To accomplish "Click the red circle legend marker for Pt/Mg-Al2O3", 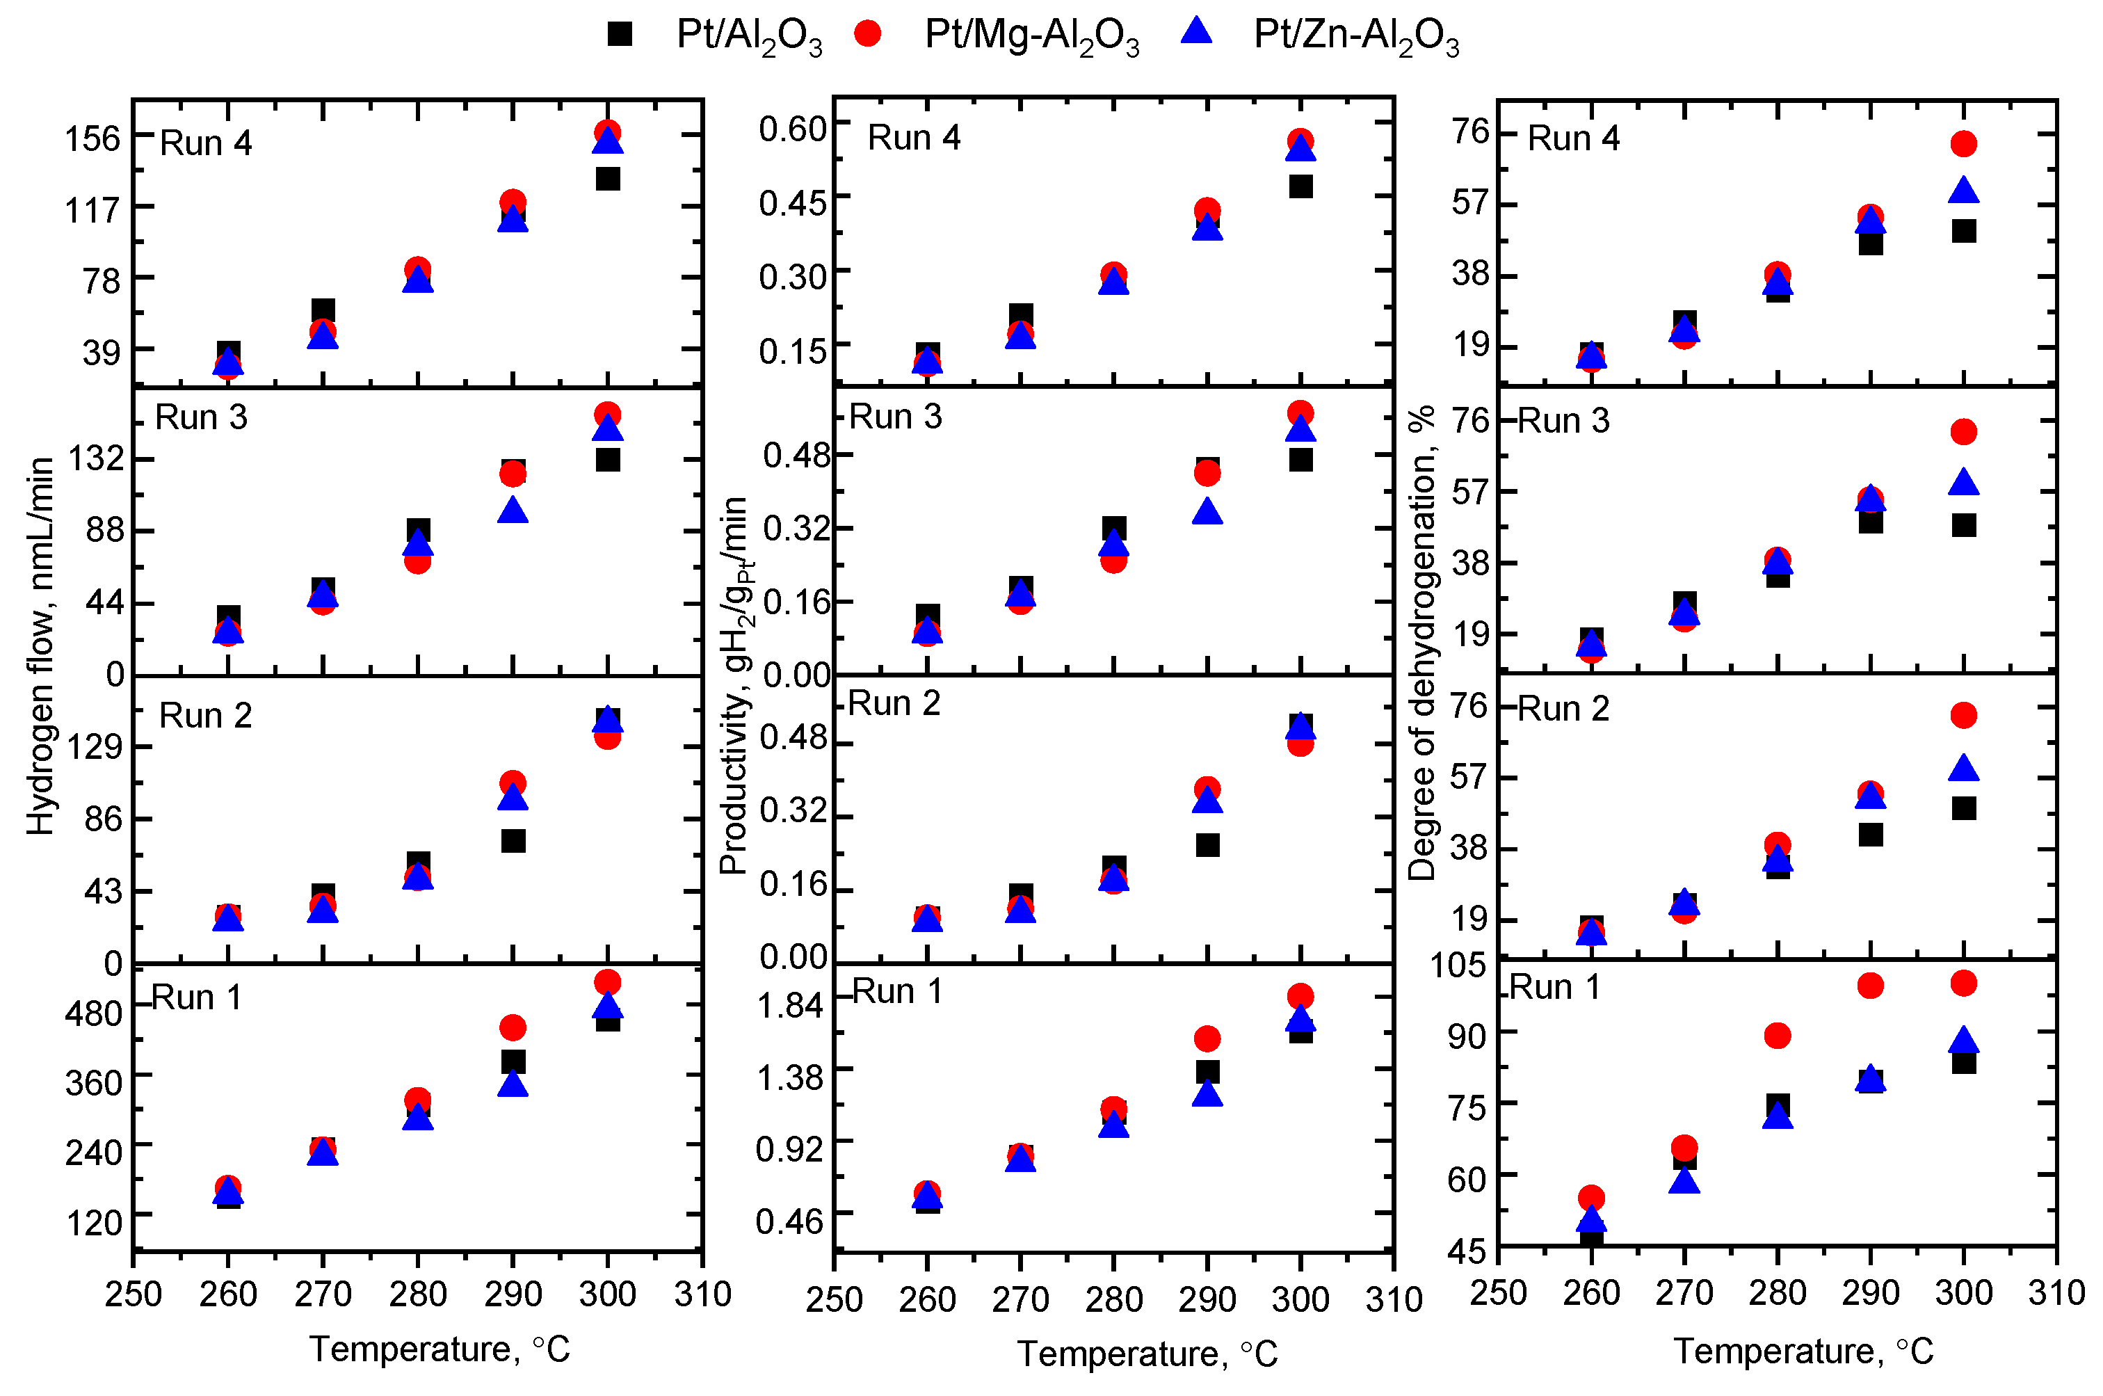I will tap(867, 34).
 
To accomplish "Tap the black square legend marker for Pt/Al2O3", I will tap(620, 34).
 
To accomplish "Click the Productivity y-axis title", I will tap(735, 686).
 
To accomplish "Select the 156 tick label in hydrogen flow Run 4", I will tap(92, 139).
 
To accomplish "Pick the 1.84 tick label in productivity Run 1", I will tap(789, 1006).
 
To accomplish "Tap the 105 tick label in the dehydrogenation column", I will tap(1458, 964).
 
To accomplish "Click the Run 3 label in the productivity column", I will tap(895, 417).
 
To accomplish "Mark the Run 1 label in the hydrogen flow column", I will tap(197, 998).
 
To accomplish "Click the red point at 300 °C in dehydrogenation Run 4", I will tap(1963, 143).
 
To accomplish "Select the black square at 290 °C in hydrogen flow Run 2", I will tap(513, 840).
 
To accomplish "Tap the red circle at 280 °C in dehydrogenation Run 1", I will tap(1778, 1036).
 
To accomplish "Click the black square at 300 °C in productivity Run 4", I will tap(1300, 186).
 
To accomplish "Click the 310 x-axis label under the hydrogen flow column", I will tap(702, 1294).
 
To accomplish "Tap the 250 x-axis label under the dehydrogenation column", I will tap(1498, 1293).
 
